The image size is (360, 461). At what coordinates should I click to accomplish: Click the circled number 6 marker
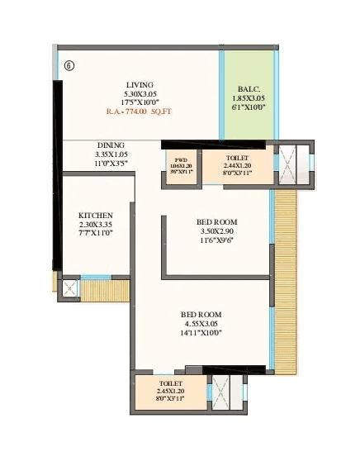click(x=68, y=66)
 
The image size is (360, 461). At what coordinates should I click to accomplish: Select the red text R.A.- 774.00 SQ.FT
click(x=139, y=111)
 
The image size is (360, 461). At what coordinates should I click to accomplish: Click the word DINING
click(x=111, y=145)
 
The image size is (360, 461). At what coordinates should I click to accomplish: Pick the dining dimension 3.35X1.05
click(x=111, y=154)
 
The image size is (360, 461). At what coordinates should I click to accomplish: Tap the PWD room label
click(x=180, y=158)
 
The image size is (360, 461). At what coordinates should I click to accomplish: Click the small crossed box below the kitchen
click(x=70, y=289)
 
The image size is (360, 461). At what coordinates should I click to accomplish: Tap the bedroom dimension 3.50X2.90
click(x=217, y=232)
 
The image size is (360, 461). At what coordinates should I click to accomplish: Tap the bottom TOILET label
click(x=171, y=383)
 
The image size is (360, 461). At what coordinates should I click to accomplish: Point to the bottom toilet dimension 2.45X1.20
click(x=171, y=391)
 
